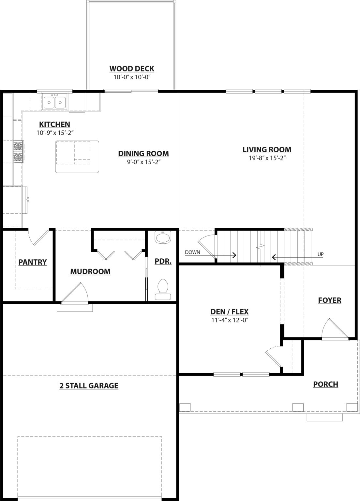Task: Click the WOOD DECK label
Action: click(132, 68)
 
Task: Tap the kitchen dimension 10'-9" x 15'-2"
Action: click(55, 133)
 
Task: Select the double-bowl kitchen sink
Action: click(55, 102)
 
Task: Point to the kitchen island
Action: click(77, 157)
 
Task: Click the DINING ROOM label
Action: click(143, 154)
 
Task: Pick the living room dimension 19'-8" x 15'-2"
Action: click(267, 158)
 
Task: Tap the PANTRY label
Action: click(33, 262)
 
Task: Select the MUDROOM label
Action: click(90, 271)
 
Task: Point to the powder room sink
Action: click(163, 237)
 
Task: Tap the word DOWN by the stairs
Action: click(192, 252)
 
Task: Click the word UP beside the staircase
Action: click(321, 254)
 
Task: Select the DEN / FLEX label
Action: click(230, 311)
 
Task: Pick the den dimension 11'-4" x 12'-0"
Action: click(230, 320)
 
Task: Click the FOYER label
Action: click(330, 300)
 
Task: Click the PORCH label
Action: click(325, 384)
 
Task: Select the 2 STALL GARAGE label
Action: click(89, 386)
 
